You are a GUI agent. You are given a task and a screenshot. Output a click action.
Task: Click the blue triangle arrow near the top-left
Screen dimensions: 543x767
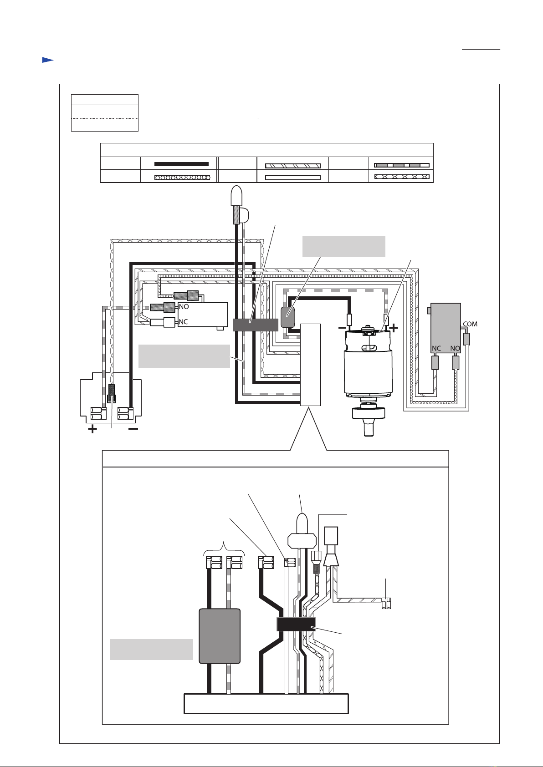tap(48, 60)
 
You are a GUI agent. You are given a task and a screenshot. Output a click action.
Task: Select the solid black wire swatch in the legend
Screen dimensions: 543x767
tap(182, 164)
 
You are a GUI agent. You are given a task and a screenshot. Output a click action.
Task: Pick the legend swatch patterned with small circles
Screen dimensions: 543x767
tap(182, 178)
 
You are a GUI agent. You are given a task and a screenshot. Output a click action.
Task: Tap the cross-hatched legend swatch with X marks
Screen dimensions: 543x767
tap(401, 177)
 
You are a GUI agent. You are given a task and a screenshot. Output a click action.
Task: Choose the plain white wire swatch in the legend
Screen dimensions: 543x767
tap(293, 178)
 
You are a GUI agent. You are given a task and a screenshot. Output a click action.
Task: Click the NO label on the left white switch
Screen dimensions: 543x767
tap(184, 307)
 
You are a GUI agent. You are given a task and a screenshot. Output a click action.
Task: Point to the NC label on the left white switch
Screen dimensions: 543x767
tap(183, 322)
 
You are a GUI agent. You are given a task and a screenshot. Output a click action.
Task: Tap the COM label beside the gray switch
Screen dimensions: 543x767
tap(470, 324)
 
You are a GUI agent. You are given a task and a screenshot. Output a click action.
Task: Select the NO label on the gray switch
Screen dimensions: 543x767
tap(455, 348)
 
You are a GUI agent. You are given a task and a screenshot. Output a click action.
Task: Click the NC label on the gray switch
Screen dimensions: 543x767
tap(436, 348)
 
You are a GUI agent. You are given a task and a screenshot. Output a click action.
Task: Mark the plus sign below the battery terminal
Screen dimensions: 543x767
tap(92, 429)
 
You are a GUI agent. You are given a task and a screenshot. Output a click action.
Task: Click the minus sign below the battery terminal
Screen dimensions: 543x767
tap(133, 429)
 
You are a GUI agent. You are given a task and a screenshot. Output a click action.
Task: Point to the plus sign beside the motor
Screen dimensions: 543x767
tap(394, 328)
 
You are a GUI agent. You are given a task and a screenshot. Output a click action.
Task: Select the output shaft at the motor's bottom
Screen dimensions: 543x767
tap(369, 427)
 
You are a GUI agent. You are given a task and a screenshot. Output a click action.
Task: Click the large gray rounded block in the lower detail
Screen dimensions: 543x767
tap(220, 636)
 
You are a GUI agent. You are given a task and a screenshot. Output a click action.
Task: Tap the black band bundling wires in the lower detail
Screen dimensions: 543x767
tap(296, 624)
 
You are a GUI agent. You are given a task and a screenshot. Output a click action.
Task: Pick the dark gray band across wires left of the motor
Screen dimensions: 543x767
tap(256, 325)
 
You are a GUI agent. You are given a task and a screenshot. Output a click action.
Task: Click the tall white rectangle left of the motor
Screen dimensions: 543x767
tap(311, 365)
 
